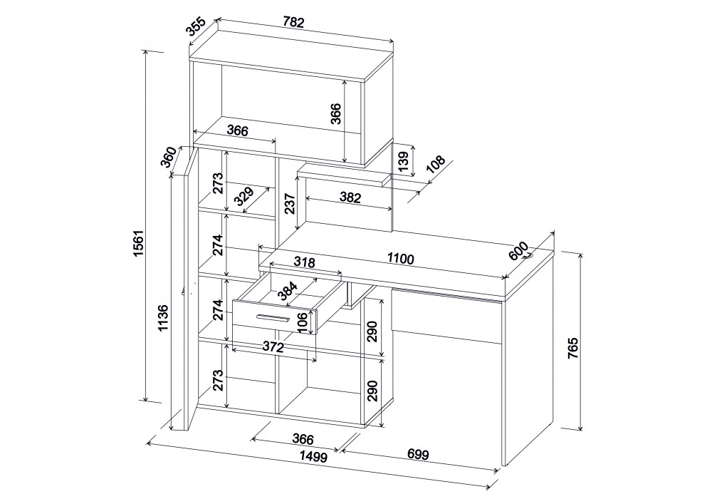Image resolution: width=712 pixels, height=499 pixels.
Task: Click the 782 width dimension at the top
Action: pos(293,22)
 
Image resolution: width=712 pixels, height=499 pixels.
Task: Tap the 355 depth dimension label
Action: pos(197,27)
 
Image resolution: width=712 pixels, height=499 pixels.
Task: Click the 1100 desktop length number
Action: pos(400,258)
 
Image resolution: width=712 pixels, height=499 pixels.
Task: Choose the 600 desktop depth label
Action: pos(518,252)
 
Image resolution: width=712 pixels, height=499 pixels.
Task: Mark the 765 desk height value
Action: pos(572,348)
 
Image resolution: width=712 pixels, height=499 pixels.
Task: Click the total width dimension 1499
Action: pos(313,457)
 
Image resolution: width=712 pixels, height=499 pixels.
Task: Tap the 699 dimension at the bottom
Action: pos(418,454)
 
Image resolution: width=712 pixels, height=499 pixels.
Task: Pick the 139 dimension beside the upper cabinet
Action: pos(404,161)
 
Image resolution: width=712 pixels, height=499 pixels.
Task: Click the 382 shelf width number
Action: pos(350,197)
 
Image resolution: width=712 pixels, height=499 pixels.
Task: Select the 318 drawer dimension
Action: pos(304,262)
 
